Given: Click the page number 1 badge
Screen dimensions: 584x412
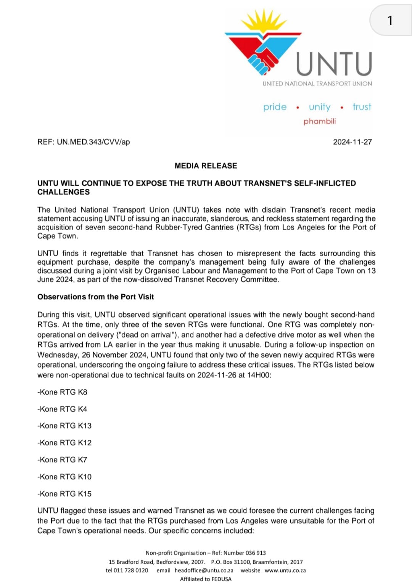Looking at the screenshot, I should [390, 20].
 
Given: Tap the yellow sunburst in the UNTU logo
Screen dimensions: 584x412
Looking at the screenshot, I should [264, 22].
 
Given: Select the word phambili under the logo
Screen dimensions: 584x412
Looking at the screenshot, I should [320, 121].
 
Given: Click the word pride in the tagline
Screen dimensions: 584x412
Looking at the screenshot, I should [275, 107].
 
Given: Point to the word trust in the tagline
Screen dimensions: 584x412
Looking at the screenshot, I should [362, 107].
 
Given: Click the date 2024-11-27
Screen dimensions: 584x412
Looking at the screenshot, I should [352, 142].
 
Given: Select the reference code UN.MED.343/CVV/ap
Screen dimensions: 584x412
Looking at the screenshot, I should [93, 142].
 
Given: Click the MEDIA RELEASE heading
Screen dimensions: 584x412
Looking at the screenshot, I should [206, 166].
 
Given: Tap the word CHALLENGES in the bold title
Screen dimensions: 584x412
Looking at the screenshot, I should [64, 192].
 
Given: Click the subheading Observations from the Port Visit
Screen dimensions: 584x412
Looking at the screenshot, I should [95, 297].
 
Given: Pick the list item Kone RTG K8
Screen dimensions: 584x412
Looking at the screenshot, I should [63, 392].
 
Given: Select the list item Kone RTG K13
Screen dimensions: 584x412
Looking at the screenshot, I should [65, 426].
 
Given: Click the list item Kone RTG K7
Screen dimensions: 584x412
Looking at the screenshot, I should [63, 460].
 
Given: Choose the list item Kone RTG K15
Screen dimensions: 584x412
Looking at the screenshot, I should [65, 494].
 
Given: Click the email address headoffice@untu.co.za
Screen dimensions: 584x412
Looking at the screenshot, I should [204, 571].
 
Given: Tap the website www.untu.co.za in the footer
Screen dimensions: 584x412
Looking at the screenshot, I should [285, 571].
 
